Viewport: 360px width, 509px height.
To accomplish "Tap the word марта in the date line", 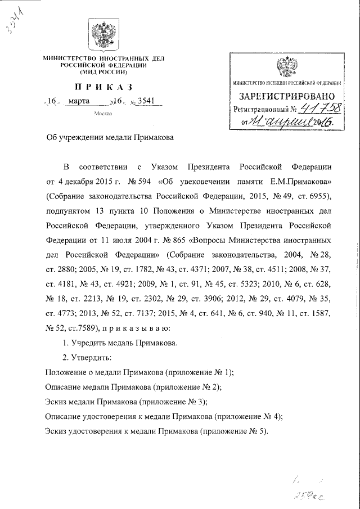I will [79, 102].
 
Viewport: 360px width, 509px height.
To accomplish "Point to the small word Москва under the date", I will [103, 114].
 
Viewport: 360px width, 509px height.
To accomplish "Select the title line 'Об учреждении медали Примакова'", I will [110, 138].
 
